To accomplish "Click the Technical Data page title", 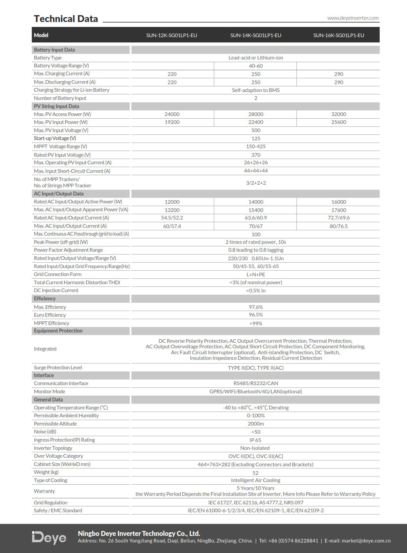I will click(x=66, y=19).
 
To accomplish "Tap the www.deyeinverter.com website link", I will click(x=353, y=18).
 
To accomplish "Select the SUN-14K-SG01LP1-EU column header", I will click(x=256, y=35).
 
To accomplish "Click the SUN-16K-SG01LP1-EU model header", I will click(x=339, y=35).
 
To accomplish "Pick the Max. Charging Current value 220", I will click(x=172, y=74).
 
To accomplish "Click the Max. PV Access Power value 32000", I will click(x=339, y=114).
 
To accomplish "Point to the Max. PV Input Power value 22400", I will click(x=256, y=122).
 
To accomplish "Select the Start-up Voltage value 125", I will click(x=256, y=138).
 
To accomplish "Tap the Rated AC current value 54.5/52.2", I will click(x=172, y=218).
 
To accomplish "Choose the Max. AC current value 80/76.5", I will click(x=339, y=226).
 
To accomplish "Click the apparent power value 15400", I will click(x=256, y=210).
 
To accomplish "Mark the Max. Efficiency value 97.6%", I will click(x=256, y=307).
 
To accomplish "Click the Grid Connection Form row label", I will click(x=58, y=274).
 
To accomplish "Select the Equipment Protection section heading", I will click(x=58, y=331).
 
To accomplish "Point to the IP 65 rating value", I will click(x=255, y=440).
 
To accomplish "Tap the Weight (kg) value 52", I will click(x=255, y=473).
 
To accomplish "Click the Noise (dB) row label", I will click(x=45, y=432).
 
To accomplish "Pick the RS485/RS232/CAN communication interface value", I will click(x=256, y=383).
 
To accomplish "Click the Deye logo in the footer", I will click(x=49, y=538).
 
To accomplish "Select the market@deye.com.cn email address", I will click(x=366, y=541).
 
